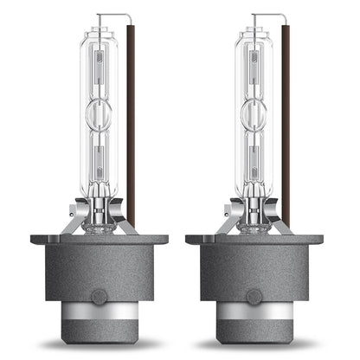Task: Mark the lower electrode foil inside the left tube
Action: click(106, 160)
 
